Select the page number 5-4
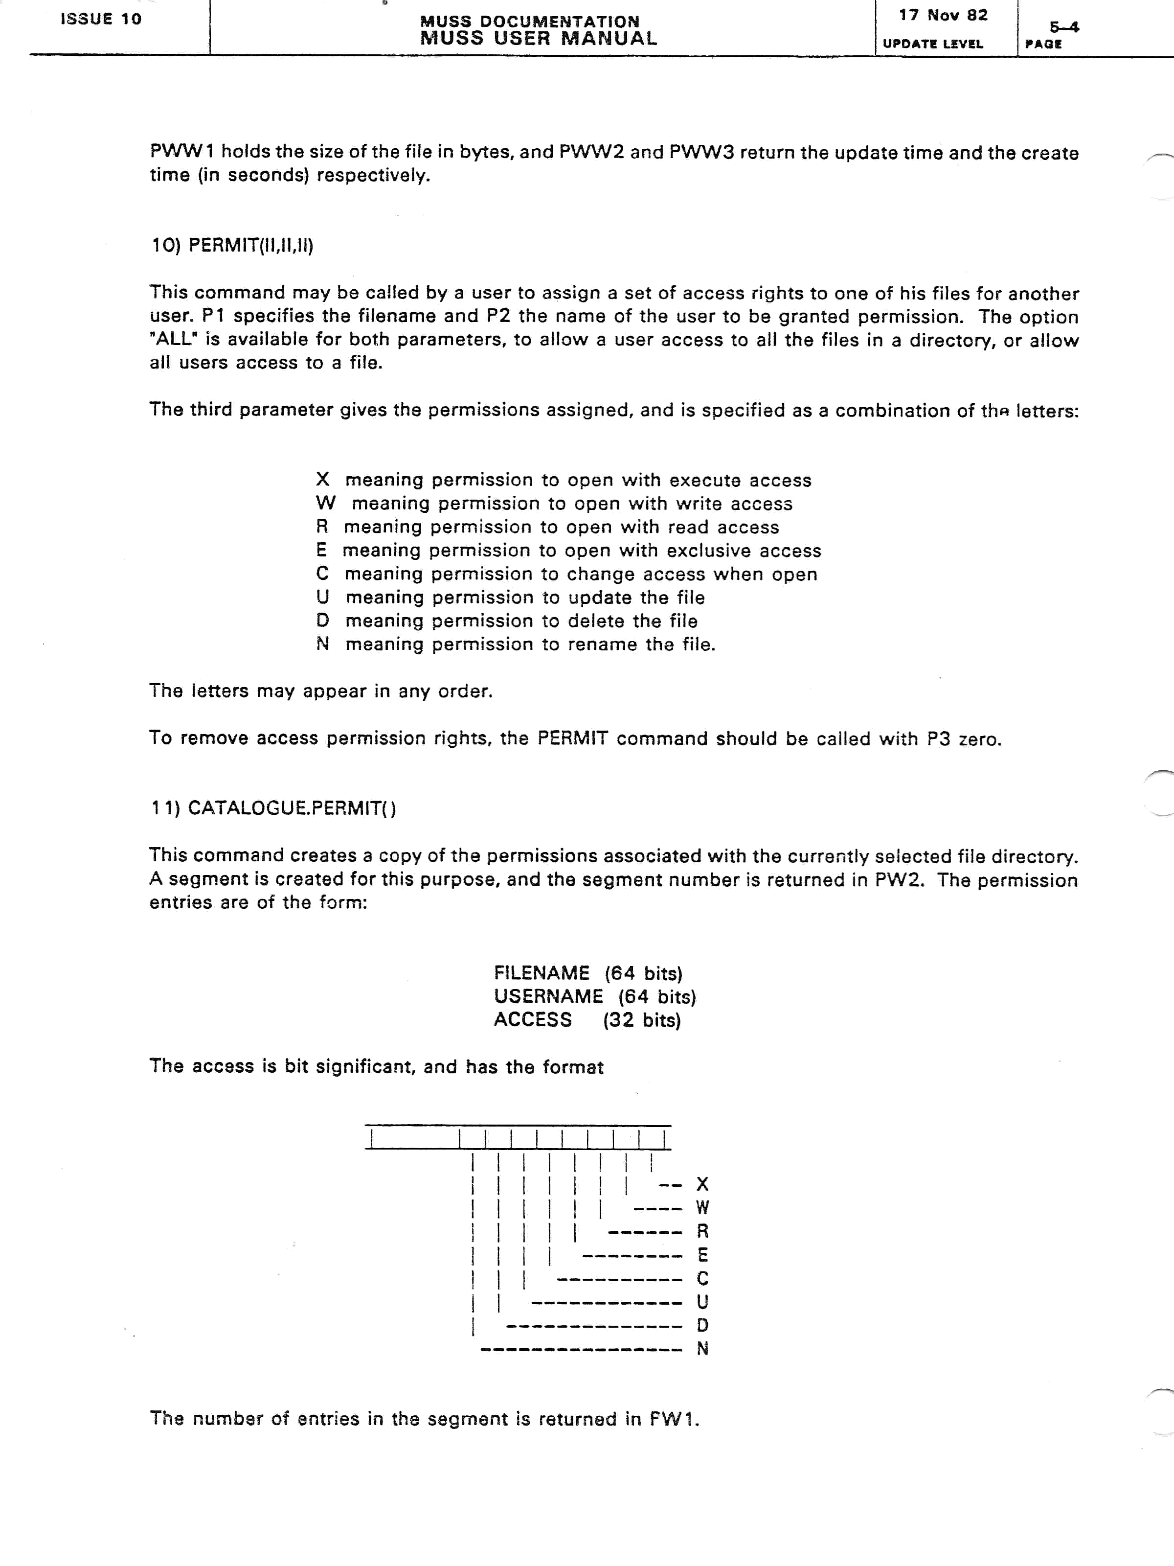1063,27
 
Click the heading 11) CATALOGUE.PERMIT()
273,808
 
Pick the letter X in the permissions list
323,480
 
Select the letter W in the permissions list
325,504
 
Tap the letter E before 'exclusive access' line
322,550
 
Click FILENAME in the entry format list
542,973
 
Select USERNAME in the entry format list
548,996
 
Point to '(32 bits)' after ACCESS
642,1020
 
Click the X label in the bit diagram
703,1184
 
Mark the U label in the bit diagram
703,1302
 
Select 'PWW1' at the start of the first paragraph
181,152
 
